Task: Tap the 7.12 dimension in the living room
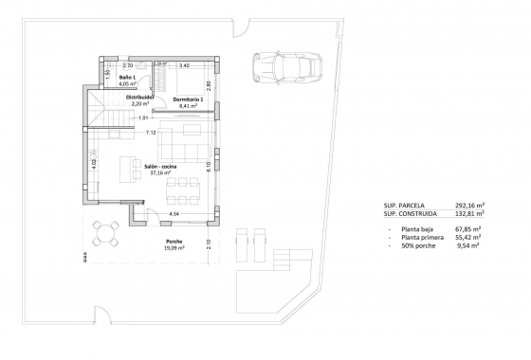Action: (151, 133)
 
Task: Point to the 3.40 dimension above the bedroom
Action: (184, 65)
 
